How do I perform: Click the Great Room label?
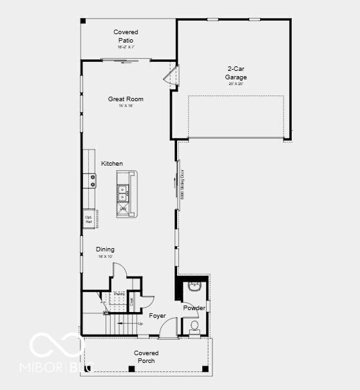(126, 99)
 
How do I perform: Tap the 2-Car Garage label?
(236, 73)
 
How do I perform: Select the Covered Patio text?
(126, 36)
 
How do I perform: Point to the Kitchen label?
(111, 164)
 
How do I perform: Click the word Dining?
(105, 249)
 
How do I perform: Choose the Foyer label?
(157, 316)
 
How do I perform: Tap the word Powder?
(194, 308)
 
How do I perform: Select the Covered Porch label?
(146, 356)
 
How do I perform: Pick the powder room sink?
(194, 286)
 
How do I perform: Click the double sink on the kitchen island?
(122, 191)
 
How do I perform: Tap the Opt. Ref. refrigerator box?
(89, 219)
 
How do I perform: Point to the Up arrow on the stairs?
(138, 324)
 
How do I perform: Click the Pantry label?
(119, 294)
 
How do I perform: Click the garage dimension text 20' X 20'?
(236, 84)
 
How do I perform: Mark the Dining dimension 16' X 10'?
(105, 257)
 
